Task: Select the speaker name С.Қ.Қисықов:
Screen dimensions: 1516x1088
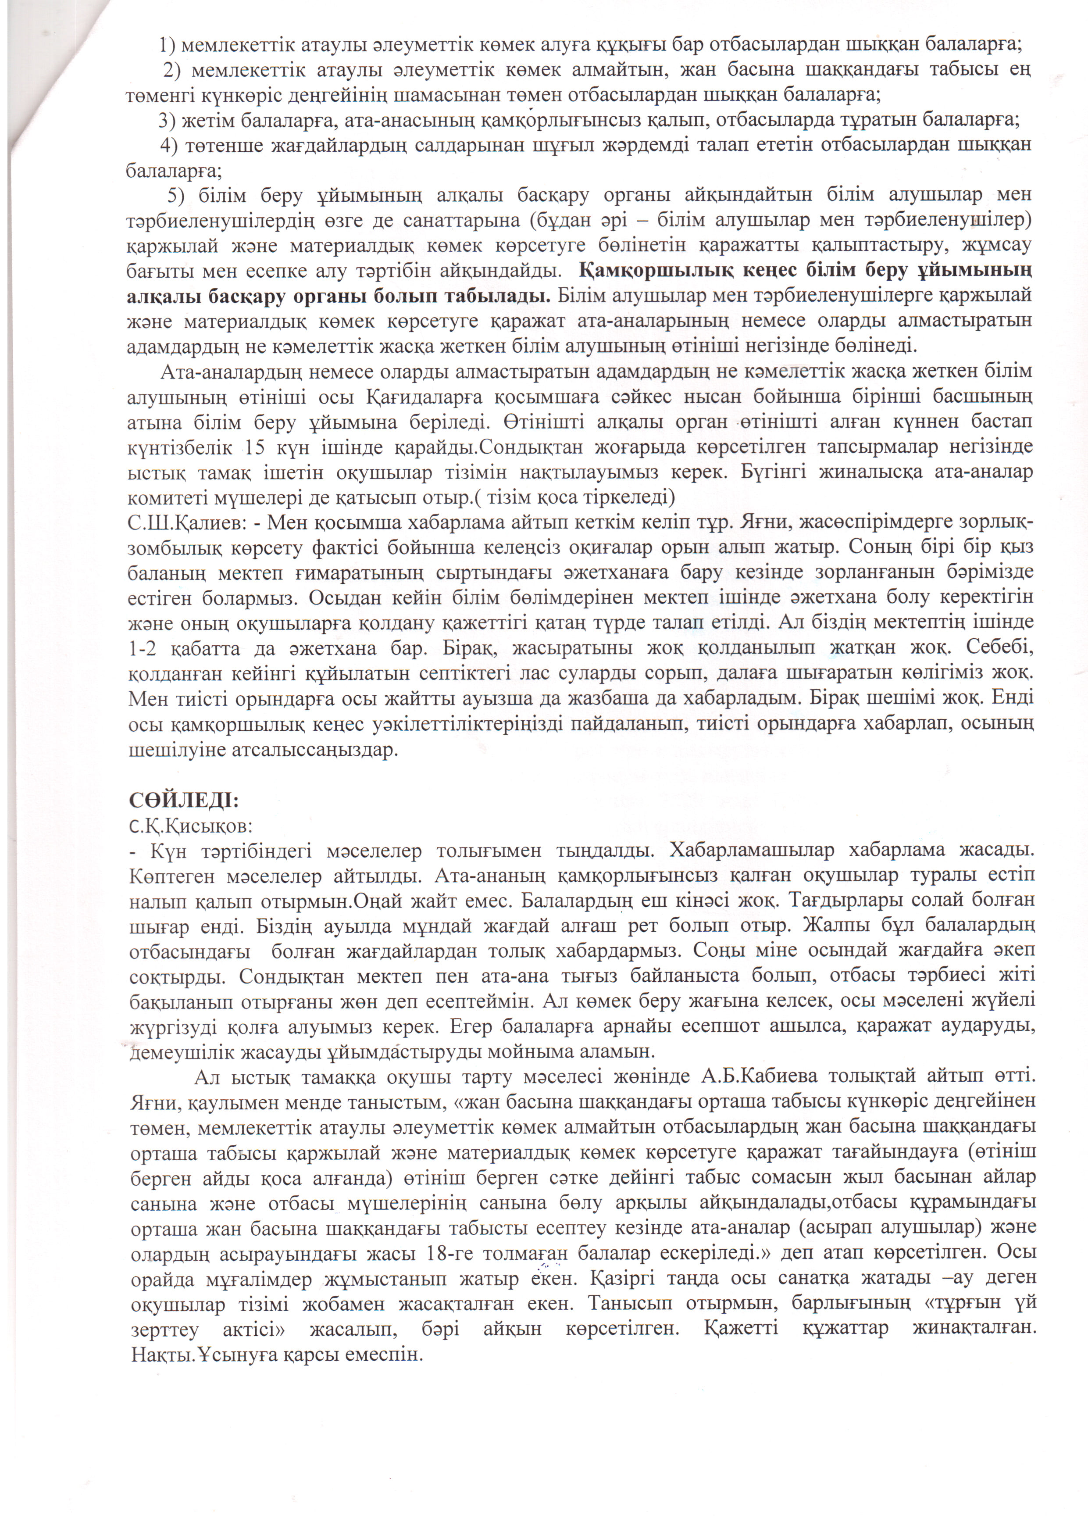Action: tap(190, 826)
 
